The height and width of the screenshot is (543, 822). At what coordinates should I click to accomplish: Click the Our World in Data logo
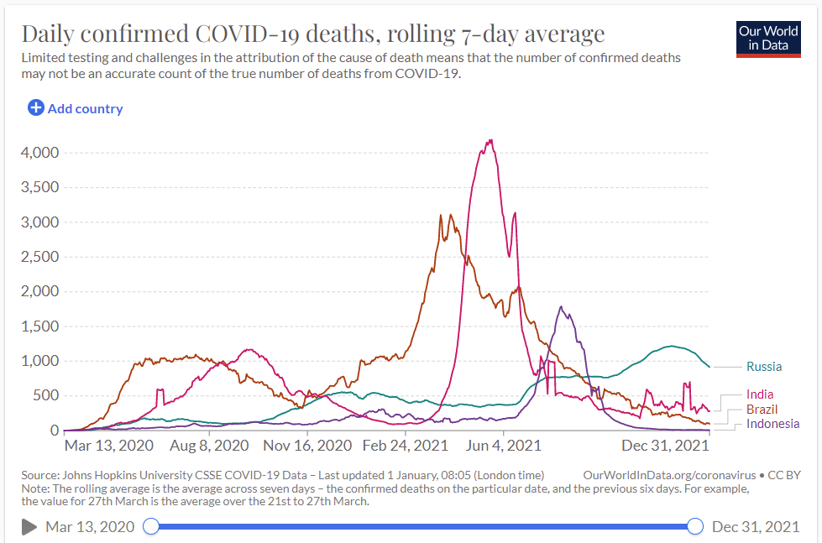pos(768,38)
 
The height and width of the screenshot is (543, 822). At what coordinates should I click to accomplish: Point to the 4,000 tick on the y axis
pos(39,153)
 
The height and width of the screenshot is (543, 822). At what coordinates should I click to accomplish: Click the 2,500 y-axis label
pos(39,257)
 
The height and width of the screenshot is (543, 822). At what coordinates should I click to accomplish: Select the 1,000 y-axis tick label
pos(39,361)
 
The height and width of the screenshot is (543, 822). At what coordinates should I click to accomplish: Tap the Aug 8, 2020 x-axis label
pos(209,445)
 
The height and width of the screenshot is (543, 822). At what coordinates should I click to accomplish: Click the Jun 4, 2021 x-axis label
pos(502,445)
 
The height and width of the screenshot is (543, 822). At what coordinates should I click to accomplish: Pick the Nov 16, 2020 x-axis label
pos(307,445)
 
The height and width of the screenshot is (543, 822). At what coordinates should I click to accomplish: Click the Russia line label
pos(763,367)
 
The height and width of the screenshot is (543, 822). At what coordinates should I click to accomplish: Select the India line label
pos(760,394)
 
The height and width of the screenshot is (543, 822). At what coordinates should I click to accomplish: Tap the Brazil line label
pos(762,409)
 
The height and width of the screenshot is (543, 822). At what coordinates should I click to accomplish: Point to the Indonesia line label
pos(772,424)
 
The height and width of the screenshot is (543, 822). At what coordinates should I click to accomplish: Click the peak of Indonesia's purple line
pos(561,307)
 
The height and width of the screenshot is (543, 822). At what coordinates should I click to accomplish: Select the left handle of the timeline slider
pos(151,526)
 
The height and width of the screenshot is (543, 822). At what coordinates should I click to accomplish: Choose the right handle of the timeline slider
pos(695,526)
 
